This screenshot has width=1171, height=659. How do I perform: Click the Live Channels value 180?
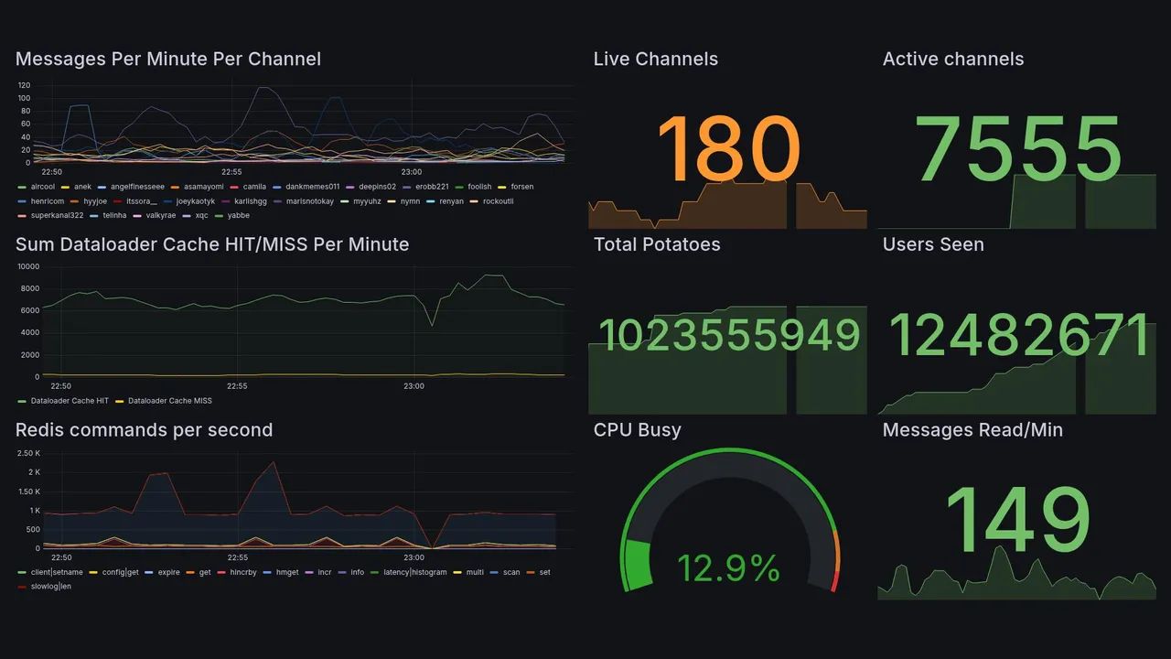pyautogui.click(x=728, y=149)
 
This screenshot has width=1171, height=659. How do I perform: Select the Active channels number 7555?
pyautogui.click(x=1019, y=149)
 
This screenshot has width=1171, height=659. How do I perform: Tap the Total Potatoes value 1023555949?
pyautogui.click(x=729, y=336)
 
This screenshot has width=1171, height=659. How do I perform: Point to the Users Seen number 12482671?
pyautogui.click(x=1019, y=336)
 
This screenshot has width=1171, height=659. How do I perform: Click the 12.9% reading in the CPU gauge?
pyautogui.click(x=728, y=568)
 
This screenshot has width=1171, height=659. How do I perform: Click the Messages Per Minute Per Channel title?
pyautogui.click(x=168, y=59)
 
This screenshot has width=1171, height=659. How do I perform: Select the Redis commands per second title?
pyautogui.click(x=145, y=430)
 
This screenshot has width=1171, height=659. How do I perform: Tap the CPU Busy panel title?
pyautogui.click(x=637, y=430)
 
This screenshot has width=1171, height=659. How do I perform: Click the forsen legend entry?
pyautogui.click(x=521, y=187)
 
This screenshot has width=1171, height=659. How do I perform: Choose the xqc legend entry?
pyautogui.click(x=201, y=216)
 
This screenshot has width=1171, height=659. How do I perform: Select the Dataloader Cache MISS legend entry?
pyautogui.click(x=169, y=401)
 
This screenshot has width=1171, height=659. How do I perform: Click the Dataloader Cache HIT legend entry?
pyautogui.click(x=70, y=401)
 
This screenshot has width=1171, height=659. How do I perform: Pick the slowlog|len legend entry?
pyautogui.click(x=50, y=586)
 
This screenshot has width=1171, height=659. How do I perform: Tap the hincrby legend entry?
pyautogui.click(x=243, y=572)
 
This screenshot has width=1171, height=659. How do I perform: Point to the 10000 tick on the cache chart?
pyautogui.click(x=27, y=266)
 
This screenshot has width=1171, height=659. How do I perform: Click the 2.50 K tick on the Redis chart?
pyautogui.click(x=28, y=453)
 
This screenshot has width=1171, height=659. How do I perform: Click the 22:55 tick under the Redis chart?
pyautogui.click(x=237, y=557)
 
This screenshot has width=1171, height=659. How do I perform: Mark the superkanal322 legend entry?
pyautogui.click(x=57, y=216)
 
